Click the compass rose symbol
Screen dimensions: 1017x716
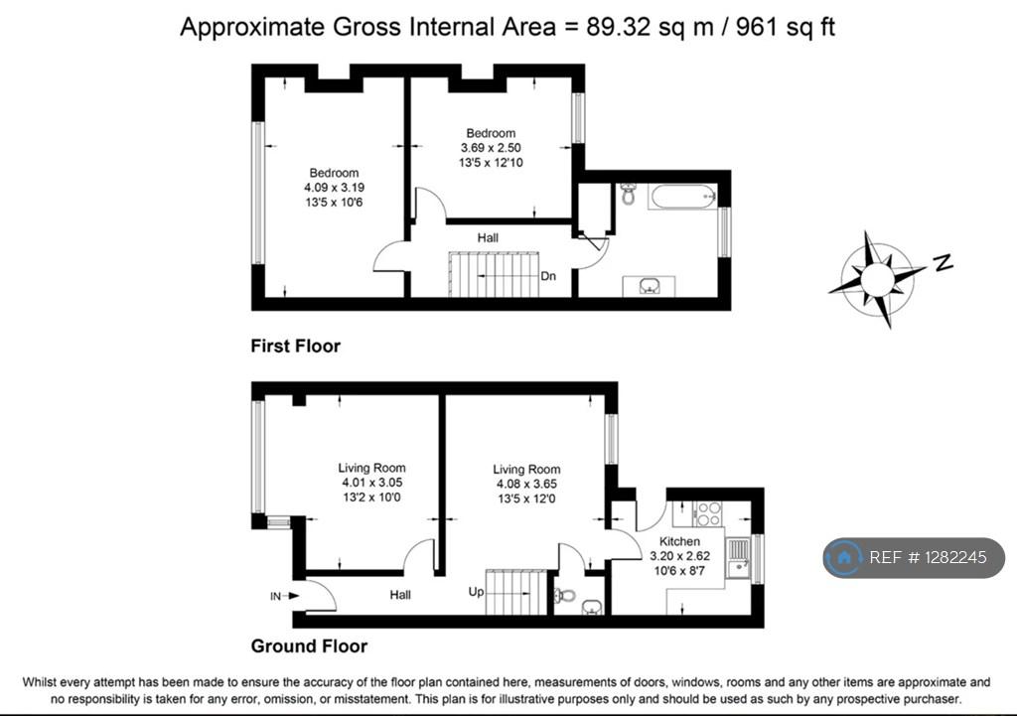click(x=877, y=279)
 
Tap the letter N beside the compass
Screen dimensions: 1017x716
click(x=944, y=262)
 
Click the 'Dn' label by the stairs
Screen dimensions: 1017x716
click(x=548, y=276)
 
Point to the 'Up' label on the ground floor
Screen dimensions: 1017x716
click(x=476, y=592)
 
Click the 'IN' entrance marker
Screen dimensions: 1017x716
click(x=276, y=596)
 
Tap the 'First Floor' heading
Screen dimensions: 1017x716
click(x=296, y=346)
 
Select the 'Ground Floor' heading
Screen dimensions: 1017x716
click(x=310, y=645)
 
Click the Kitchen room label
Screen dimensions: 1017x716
click(x=679, y=541)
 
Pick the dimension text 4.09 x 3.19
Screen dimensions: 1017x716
click(x=334, y=188)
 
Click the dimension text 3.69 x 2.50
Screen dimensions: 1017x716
click(x=491, y=148)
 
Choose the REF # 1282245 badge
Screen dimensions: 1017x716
click(x=915, y=557)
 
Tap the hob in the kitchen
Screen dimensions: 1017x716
click(x=708, y=513)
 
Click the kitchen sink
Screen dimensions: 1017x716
click(x=738, y=558)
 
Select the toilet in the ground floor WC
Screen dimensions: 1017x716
click(x=565, y=595)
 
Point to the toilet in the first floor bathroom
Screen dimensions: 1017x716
click(x=628, y=194)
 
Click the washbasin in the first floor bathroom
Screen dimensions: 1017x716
click(x=649, y=285)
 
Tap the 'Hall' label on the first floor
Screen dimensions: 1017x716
click(x=488, y=238)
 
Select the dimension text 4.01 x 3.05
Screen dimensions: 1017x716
click(x=372, y=483)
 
